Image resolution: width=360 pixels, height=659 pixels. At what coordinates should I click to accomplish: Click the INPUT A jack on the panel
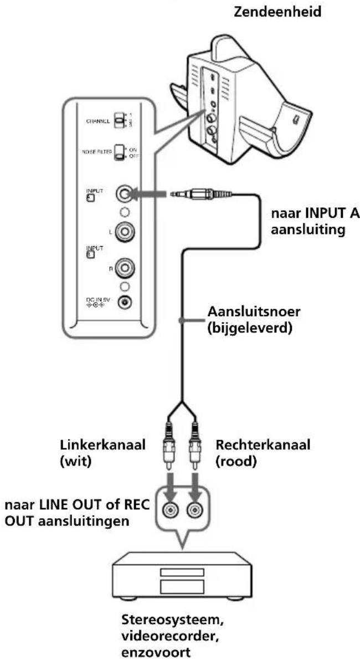coord(124,194)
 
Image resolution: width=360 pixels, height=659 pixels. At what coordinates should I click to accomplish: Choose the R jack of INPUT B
coord(124,270)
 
